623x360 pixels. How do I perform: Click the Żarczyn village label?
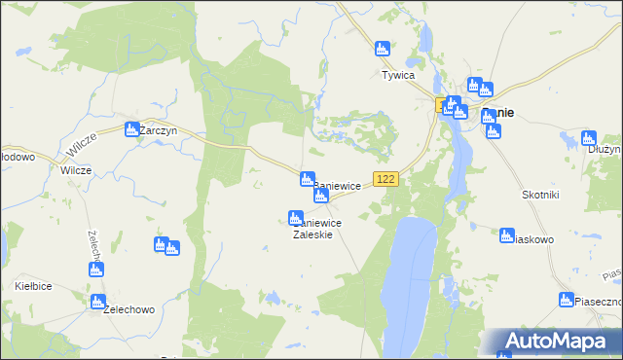tap(158, 129)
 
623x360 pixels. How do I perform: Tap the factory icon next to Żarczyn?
tap(132, 127)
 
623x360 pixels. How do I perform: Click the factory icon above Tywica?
tap(383, 48)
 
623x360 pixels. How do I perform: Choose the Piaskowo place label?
tap(532, 238)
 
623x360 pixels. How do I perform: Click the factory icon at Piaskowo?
tap(507, 234)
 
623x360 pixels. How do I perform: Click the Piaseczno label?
tap(598, 303)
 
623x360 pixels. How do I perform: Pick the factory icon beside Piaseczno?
tap(567, 299)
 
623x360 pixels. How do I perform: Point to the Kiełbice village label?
tap(32, 286)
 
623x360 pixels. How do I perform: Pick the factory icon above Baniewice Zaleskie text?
tap(295, 217)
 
